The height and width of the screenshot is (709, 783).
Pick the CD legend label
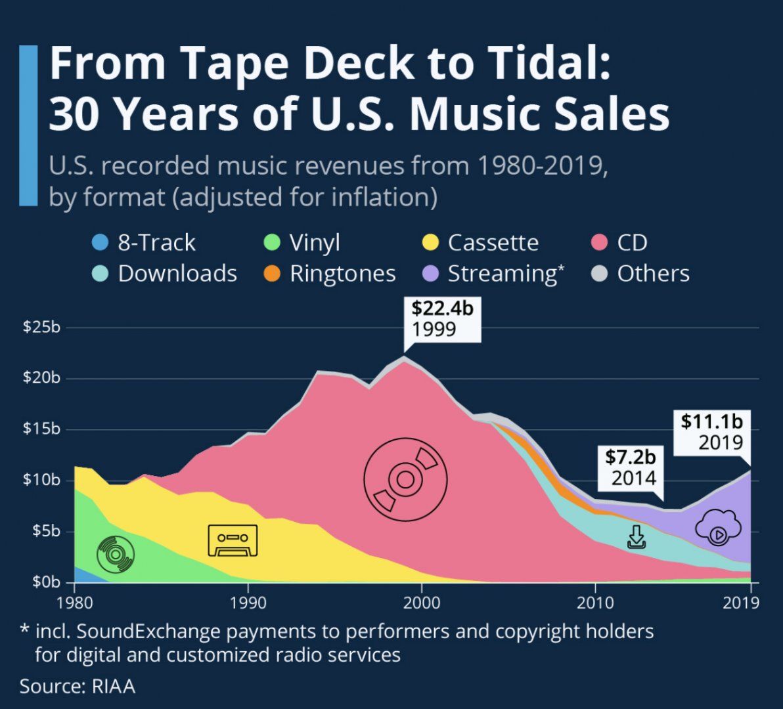point(632,243)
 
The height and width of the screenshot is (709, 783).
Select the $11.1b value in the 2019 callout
point(710,421)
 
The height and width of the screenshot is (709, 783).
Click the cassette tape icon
point(233,540)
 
